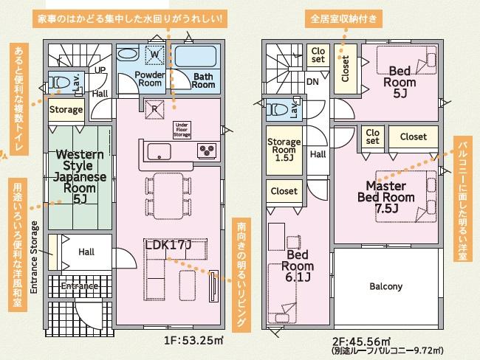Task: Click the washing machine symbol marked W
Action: point(155,55)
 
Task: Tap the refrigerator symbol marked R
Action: point(154,109)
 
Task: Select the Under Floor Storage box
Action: point(182,130)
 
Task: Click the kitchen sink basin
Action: point(160,151)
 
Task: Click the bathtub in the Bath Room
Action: point(196,56)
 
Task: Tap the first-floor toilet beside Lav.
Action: point(59,83)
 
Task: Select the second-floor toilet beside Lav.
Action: point(277,109)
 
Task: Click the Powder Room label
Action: point(149,79)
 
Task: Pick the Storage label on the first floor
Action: point(66,109)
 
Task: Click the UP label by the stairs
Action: point(100,70)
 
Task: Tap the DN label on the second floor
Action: point(312,82)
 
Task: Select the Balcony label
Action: point(385,286)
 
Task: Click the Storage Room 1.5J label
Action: point(284,150)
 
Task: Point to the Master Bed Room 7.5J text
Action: point(386,197)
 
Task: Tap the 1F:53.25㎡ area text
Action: point(193,340)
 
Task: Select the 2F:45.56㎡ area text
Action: point(361,341)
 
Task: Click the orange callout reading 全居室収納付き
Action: point(343,19)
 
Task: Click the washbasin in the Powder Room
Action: point(128,54)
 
